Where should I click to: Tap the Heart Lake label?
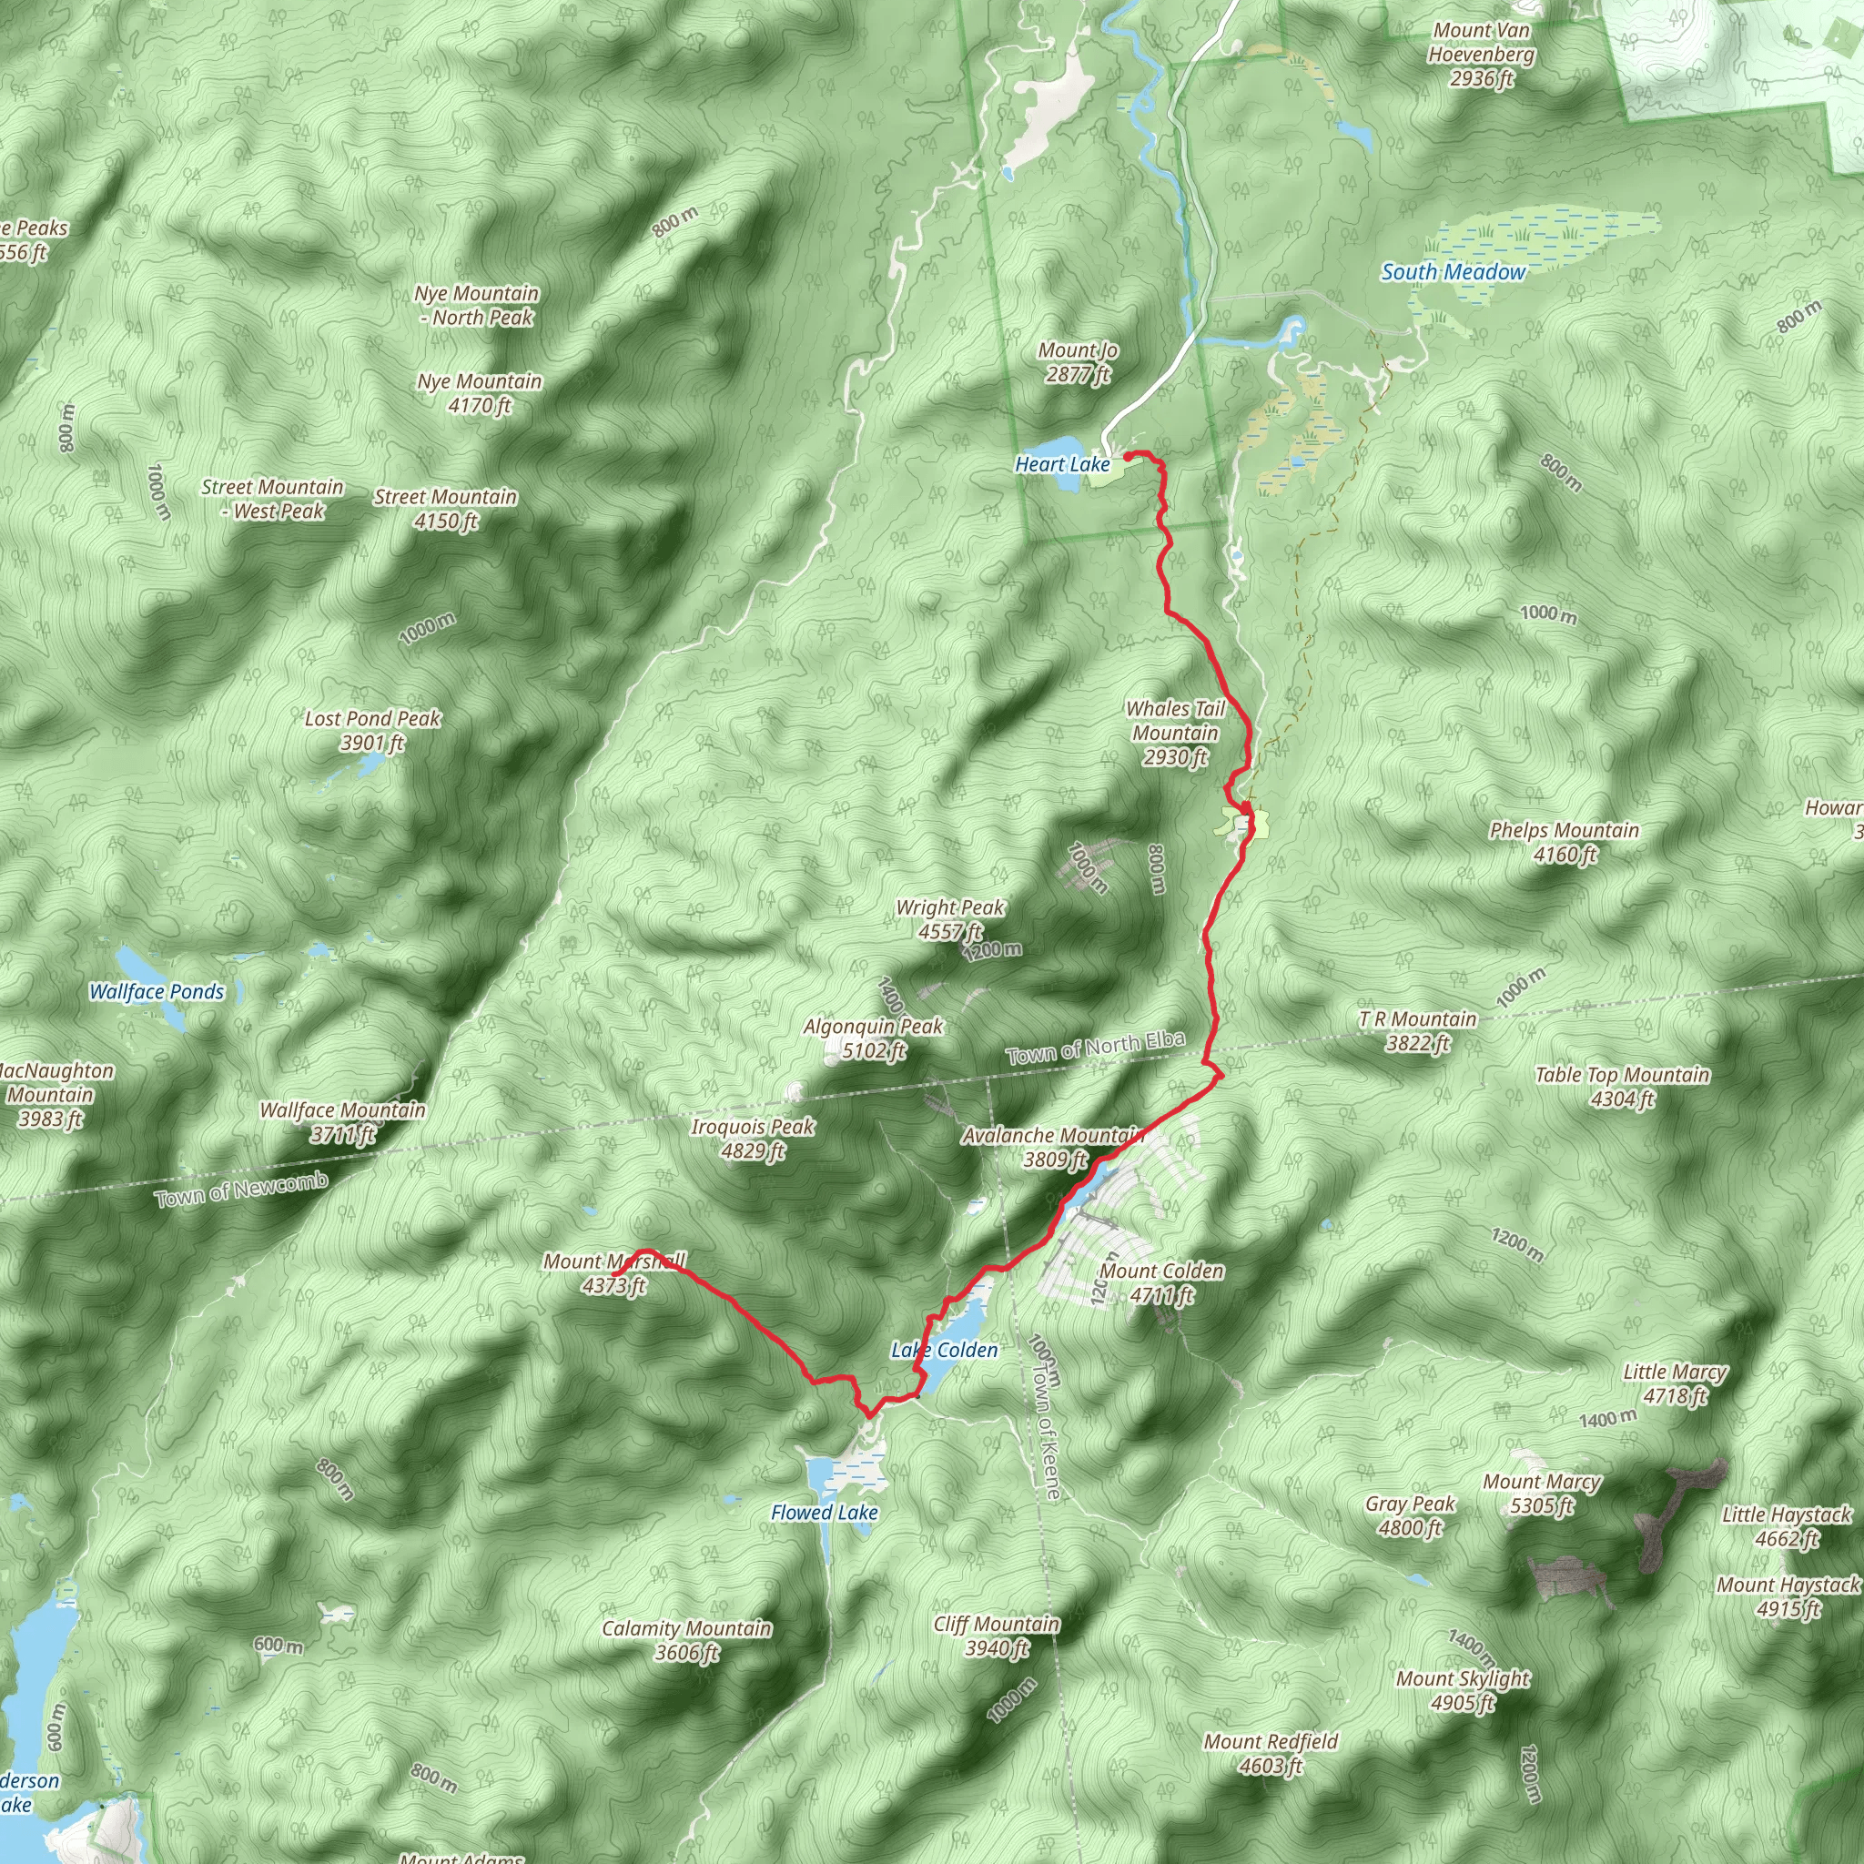[1062, 464]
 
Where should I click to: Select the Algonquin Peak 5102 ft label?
[873, 1038]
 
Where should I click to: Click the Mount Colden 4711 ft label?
[1161, 1283]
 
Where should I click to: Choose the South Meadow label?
[1453, 272]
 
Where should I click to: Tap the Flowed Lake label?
[824, 1513]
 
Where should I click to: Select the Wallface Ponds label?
[157, 992]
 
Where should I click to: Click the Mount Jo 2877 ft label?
[1078, 363]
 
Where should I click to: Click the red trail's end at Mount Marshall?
[614, 1276]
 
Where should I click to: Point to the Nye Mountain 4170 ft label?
[480, 393]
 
